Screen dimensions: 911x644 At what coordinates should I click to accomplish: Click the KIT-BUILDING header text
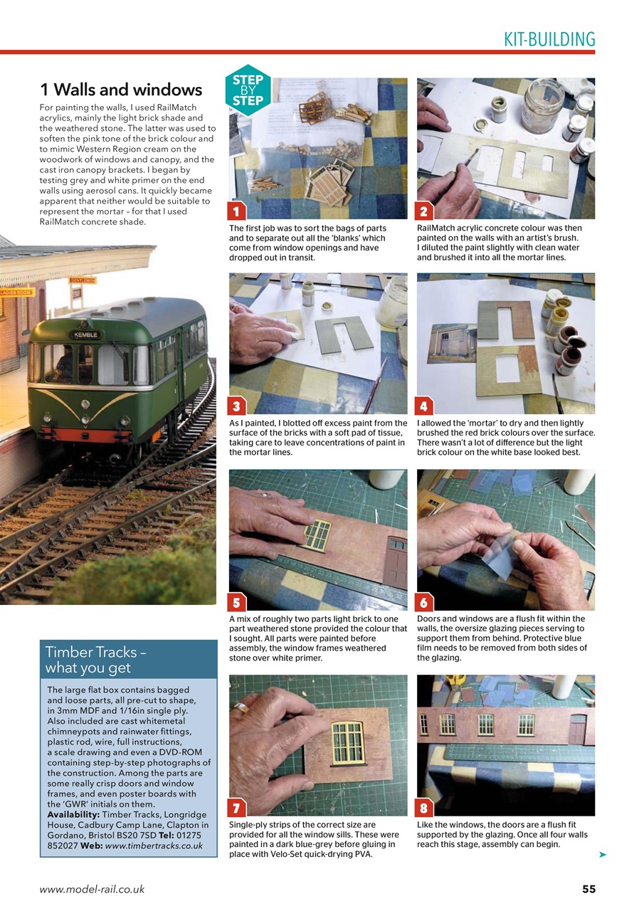[x=549, y=39]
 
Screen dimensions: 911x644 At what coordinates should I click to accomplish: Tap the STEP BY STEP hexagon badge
[x=247, y=90]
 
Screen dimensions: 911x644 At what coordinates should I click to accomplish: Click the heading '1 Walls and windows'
[x=121, y=90]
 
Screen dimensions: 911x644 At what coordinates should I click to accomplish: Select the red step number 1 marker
[x=236, y=211]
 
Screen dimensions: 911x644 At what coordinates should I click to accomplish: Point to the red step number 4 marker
[x=424, y=406]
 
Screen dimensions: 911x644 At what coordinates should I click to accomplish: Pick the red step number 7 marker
[x=236, y=807]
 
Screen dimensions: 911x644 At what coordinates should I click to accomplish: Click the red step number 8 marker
[x=424, y=807]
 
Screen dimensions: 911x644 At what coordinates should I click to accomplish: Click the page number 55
[x=588, y=888]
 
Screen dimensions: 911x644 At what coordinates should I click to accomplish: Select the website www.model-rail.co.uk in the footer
[x=92, y=889]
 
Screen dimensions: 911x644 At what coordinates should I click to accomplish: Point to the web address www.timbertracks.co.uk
[x=154, y=846]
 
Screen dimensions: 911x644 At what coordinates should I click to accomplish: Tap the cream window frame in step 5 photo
[x=317, y=535]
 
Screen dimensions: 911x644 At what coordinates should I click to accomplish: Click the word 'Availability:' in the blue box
[x=73, y=813]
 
